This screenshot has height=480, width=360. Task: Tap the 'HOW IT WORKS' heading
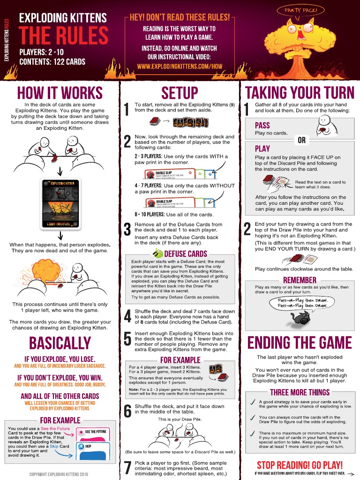60,92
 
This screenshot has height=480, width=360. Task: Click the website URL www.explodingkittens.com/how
180,66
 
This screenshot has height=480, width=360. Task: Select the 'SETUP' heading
180,92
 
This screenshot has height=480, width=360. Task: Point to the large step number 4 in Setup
127,317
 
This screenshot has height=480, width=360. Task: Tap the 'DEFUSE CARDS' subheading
185,254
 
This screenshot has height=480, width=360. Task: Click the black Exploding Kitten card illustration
60,205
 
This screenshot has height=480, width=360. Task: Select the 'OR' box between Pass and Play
301,140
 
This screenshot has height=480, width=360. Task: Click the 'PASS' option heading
262,126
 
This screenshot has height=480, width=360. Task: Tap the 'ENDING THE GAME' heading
299,342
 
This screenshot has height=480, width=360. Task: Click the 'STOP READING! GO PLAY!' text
300,465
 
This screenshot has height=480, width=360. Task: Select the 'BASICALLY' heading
60,343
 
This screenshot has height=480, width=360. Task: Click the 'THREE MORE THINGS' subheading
300,392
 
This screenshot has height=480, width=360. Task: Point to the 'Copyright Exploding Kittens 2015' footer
60,474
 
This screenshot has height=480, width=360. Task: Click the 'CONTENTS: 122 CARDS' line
52,61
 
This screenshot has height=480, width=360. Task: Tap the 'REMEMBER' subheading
300,280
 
